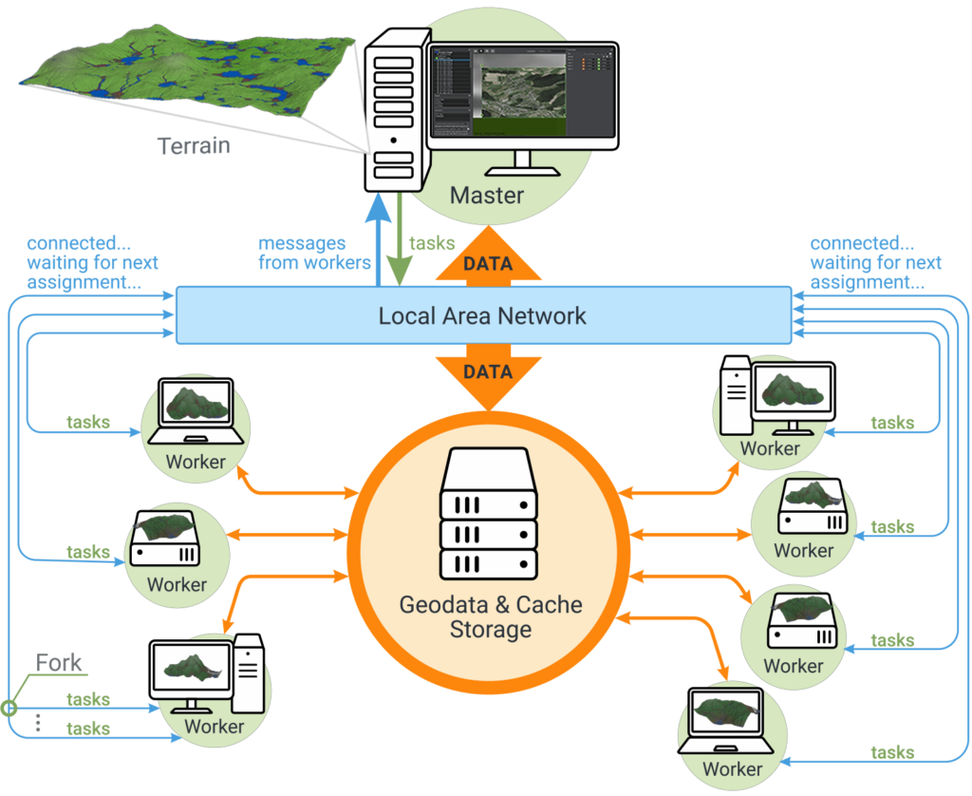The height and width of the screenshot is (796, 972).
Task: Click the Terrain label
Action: coord(194,146)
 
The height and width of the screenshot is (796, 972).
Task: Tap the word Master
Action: coord(486,196)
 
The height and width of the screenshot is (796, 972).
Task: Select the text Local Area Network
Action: coord(482,315)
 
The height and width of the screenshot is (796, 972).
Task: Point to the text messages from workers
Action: coord(314,254)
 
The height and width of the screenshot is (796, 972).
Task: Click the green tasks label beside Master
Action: coord(432,243)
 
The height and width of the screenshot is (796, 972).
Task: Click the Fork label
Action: coord(59,662)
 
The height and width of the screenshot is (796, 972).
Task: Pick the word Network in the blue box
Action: coord(547,315)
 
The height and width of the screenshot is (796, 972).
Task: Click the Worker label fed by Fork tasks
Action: coord(214,727)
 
